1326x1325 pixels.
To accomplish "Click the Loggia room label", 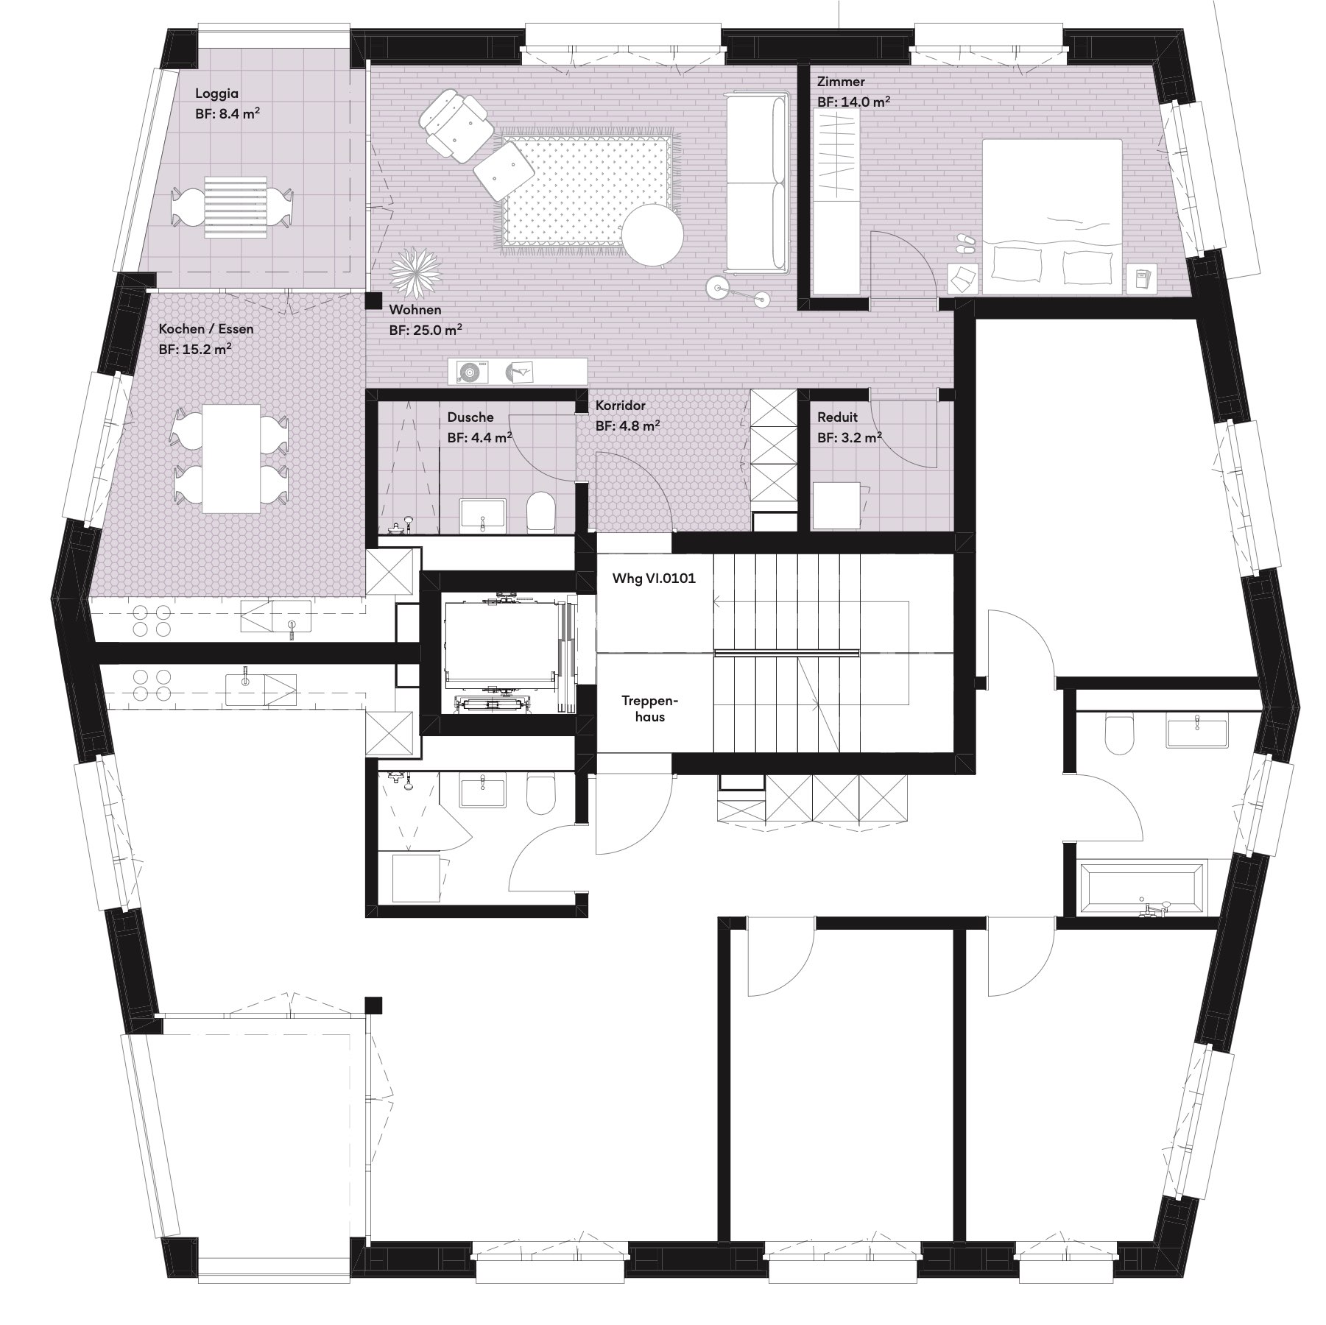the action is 217,94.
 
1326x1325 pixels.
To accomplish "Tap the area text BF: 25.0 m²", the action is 426,331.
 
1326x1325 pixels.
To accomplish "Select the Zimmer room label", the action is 841,82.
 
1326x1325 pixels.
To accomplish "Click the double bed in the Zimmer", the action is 1051,216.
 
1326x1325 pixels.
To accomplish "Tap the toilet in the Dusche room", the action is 540,510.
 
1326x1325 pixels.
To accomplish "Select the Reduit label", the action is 837,417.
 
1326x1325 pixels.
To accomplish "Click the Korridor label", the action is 621,406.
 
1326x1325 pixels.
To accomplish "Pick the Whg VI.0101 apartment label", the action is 654,579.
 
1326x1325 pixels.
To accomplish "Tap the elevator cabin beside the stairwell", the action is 500,651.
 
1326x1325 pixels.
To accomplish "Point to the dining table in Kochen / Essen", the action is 231,458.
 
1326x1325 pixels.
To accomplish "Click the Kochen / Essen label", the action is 206,329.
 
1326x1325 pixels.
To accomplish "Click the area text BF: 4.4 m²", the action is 479,438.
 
